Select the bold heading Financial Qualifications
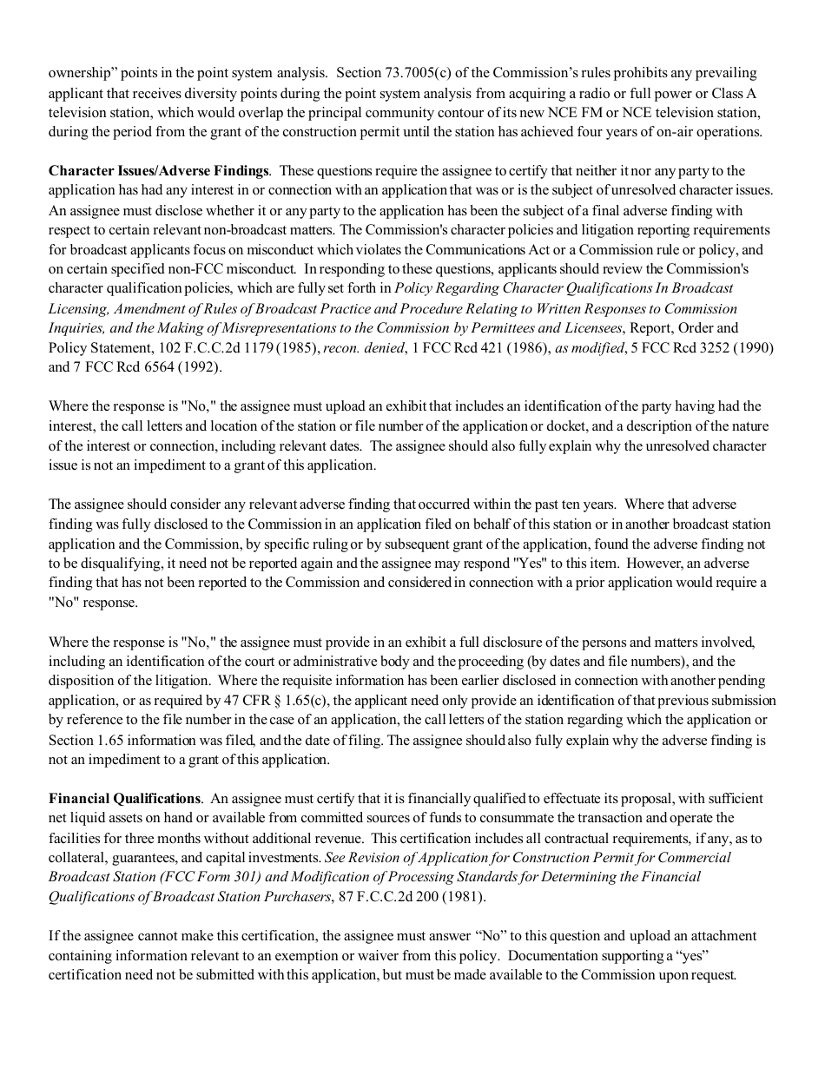click(124, 799)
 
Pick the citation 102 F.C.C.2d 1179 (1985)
click(238, 348)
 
